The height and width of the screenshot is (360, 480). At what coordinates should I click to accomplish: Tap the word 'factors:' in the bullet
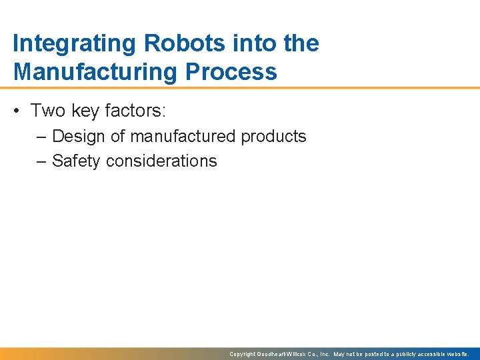[140, 110]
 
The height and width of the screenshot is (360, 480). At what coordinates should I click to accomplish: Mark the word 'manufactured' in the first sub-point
[183, 137]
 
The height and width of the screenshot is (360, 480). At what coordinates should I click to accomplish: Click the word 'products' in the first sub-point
[273, 137]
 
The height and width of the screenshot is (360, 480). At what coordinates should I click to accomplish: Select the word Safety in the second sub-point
[74, 161]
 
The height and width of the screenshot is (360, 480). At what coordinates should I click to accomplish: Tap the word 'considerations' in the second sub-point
[159, 161]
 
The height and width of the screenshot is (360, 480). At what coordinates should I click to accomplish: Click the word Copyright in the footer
[243, 354]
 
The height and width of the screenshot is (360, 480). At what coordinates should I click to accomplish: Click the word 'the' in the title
[301, 44]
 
